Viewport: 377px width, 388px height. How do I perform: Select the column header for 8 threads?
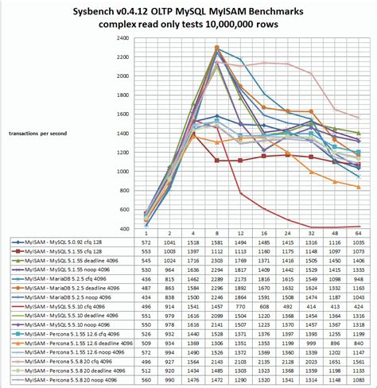coord(217,233)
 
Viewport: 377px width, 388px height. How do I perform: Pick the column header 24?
coord(288,233)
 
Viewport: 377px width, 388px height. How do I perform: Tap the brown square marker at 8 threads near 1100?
coord(217,160)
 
